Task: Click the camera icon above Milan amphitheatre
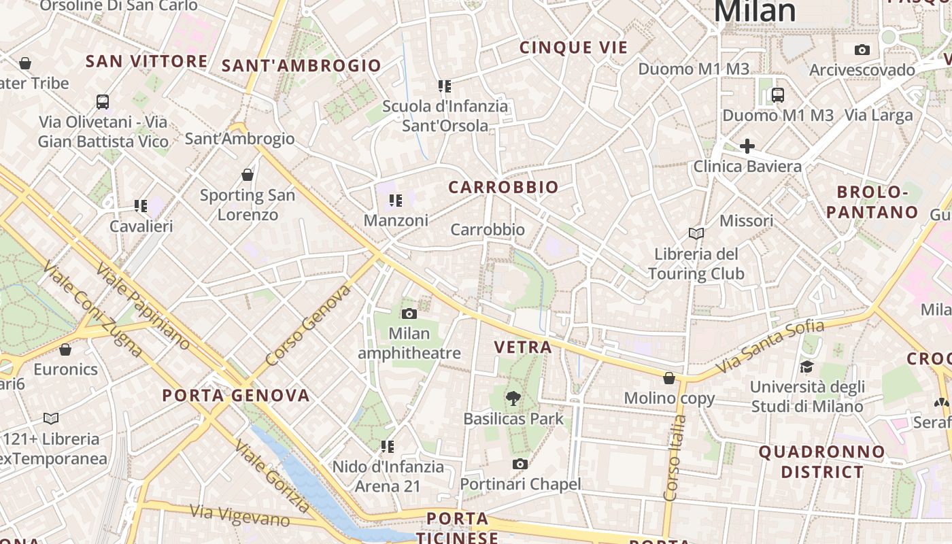(409, 313)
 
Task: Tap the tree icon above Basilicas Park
(513, 398)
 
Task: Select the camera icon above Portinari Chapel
(520, 464)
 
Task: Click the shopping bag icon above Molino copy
(669, 378)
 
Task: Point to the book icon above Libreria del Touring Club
(696, 234)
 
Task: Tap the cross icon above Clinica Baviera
(747, 146)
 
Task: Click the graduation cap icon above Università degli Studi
(806, 367)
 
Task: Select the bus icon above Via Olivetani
(103, 102)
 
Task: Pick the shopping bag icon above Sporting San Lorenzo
(248, 175)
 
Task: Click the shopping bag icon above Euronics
(65, 350)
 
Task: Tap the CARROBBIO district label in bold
(503, 187)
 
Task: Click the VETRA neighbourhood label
(523, 347)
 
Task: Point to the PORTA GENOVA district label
(236, 395)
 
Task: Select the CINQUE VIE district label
(574, 48)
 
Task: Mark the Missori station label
(747, 221)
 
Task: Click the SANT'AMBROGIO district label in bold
(301, 65)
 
